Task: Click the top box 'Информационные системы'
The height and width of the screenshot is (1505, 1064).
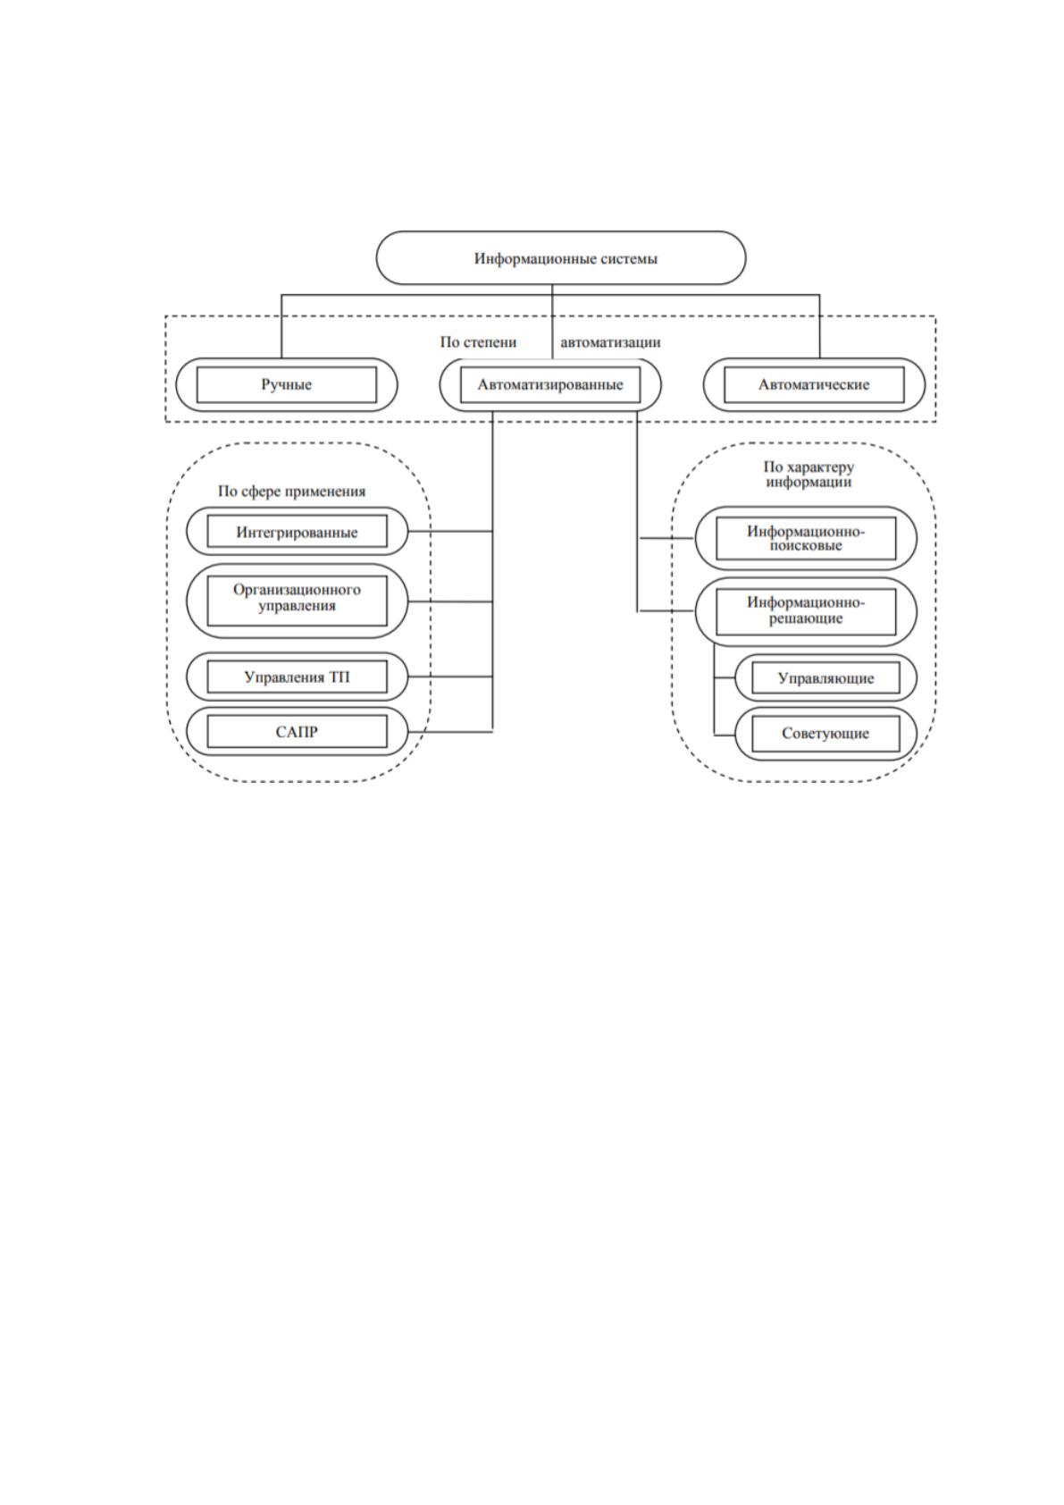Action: [560, 258]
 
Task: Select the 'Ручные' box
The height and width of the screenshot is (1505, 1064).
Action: [286, 384]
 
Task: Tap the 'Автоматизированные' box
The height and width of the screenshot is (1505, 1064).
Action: [550, 384]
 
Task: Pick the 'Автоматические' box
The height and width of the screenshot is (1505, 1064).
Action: [814, 384]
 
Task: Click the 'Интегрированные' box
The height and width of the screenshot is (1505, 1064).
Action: [297, 532]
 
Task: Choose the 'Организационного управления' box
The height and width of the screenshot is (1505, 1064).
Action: [297, 601]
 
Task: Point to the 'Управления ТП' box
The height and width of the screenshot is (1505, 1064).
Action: [297, 677]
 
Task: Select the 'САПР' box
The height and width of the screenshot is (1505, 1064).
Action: [297, 731]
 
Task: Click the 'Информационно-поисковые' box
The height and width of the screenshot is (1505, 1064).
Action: [806, 538]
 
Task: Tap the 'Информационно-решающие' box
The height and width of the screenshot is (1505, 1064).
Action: [806, 611]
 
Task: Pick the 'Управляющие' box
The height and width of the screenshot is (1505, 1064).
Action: [826, 678]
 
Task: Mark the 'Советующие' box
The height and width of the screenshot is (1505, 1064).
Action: [826, 733]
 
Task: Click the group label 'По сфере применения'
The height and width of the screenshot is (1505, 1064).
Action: [291, 492]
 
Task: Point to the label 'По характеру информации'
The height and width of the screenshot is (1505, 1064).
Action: [808, 474]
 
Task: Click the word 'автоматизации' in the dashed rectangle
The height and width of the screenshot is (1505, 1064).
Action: [610, 342]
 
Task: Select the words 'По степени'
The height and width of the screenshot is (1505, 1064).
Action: [478, 342]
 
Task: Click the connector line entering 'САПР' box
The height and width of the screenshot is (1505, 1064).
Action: [451, 731]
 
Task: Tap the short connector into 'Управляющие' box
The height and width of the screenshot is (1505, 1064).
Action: [725, 678]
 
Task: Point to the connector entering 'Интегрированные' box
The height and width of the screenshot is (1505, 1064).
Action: [451, 532]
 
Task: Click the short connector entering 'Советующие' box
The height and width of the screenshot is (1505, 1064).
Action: [725, 735]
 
